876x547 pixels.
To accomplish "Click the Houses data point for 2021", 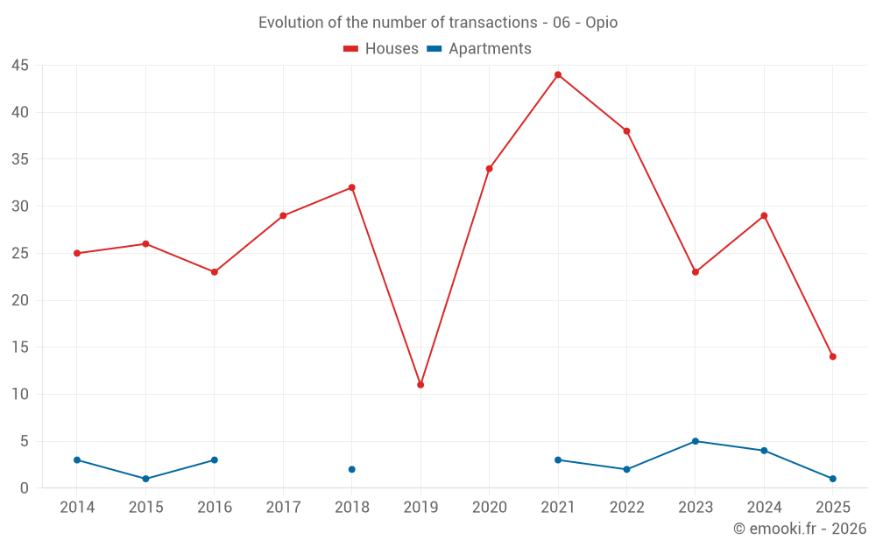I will (558, 74).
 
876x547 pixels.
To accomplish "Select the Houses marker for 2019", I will (420, 385).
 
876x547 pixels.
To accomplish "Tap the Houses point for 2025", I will (832, 356).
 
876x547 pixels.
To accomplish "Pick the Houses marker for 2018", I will (352, 187).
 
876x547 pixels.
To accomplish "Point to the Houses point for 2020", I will (489, 169).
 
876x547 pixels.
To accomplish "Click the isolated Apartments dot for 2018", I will (352, 469).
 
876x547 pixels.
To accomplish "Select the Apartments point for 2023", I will (696, 441).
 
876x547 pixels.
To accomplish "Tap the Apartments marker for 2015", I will (145, 479).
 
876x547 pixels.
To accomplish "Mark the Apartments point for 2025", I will (832, 479).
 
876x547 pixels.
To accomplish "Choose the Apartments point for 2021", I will (558, 459).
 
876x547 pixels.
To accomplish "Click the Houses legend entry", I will (381, 49).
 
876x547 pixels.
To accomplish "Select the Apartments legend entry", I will (479, 49).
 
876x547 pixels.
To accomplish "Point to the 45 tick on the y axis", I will (20, 66).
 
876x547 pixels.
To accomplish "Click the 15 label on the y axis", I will (20, 347).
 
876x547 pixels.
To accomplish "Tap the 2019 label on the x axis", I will (420, 507).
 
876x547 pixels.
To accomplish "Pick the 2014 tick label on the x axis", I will (77, 507).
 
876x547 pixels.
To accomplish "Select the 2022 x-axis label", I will (626, 507).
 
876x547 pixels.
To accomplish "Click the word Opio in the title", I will (601, 23).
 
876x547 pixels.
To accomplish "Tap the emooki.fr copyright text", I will (800, 529).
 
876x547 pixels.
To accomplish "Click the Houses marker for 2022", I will (626, 131).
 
